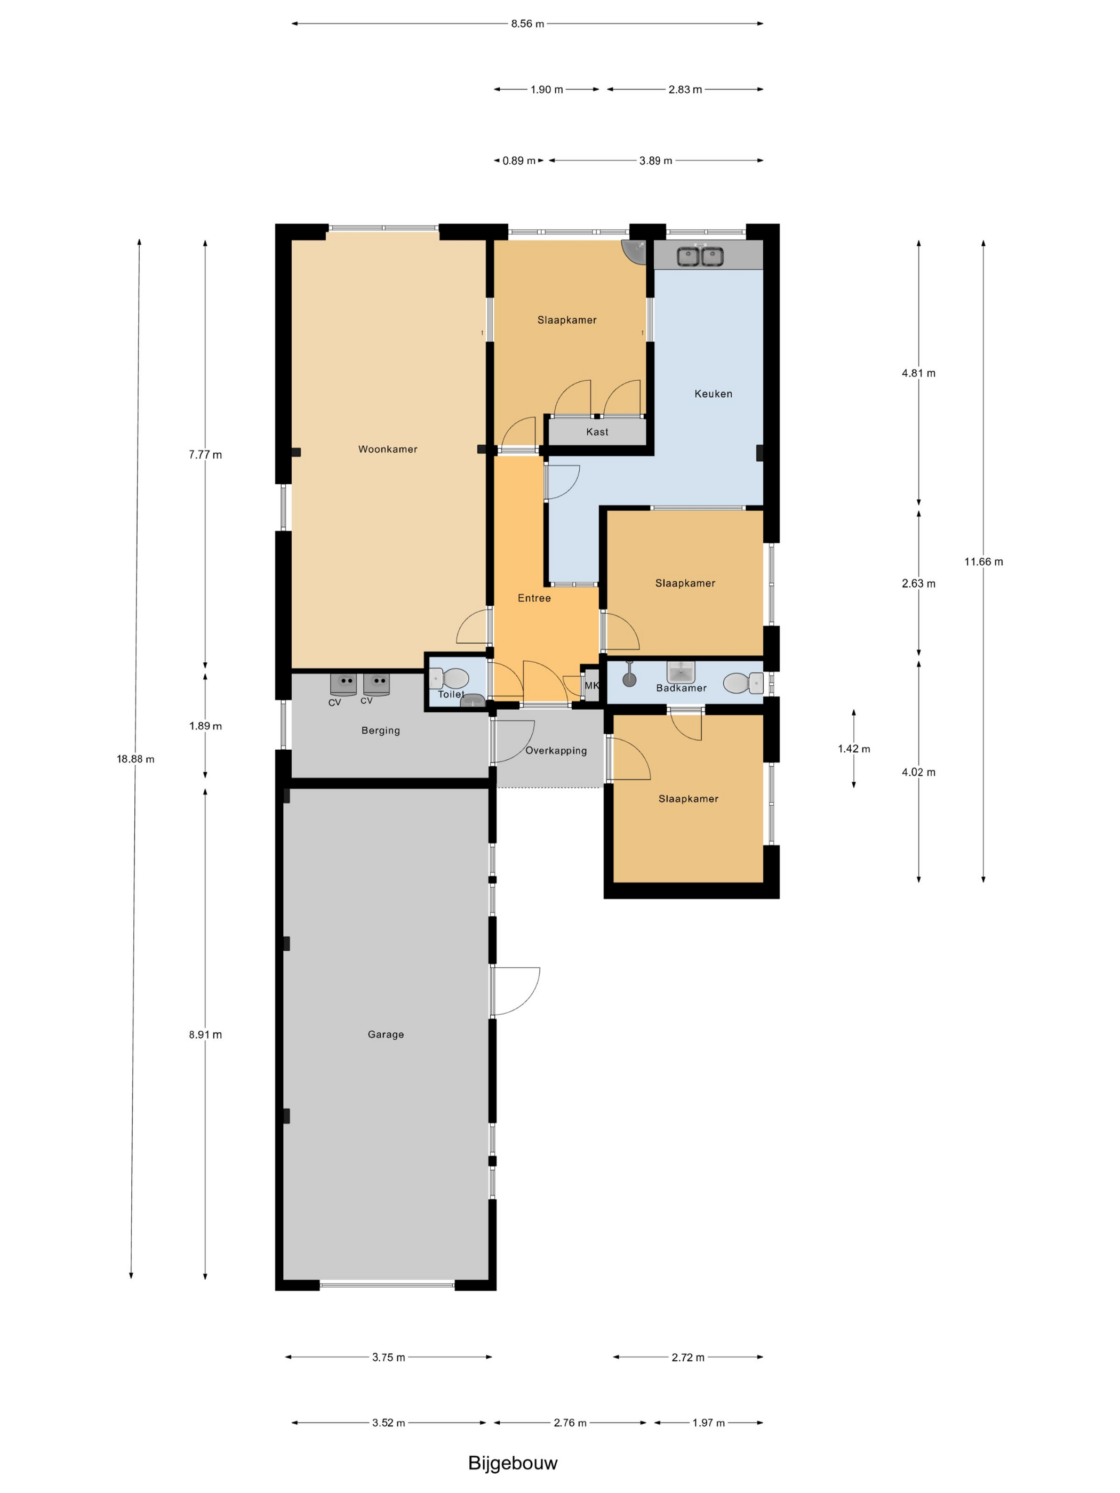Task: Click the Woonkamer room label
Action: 388,449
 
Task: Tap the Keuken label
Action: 713,394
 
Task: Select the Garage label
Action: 386,1034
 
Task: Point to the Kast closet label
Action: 597,432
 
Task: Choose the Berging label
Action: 381,731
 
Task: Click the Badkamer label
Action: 681,688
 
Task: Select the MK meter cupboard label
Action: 591,686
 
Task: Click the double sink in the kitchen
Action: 700,256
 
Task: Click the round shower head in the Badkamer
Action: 629,679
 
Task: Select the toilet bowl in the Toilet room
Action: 449,678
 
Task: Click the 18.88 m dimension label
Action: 135,759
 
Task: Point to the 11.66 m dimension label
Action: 983,561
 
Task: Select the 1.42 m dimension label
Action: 853,749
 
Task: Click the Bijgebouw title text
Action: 513,1463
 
